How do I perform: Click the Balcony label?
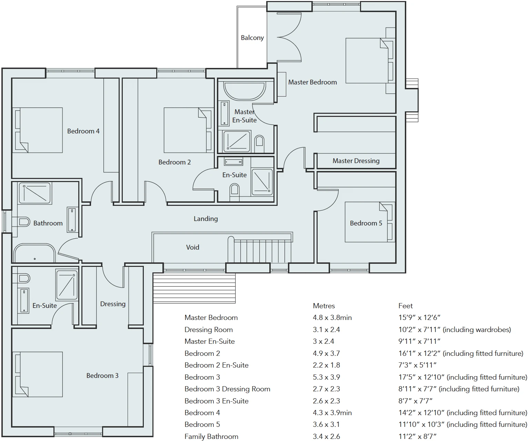pos(252,38)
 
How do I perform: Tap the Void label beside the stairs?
pos(192,247)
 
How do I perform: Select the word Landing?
pos(206,219)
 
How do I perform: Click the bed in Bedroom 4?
pos(38,130)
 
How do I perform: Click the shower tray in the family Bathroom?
pos(35,193)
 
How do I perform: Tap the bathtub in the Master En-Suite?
pos(245,90)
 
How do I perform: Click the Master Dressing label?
pos(356,161)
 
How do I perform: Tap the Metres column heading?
pos(324,306)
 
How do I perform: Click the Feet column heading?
pos(405,306)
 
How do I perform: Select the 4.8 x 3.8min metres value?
pos(332,318)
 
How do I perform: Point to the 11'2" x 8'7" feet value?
pos(417,437)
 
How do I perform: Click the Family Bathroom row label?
pos(211,437)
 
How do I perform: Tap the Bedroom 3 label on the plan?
pos(102,375)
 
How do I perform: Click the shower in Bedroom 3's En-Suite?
pos(67,285)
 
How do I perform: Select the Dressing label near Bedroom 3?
pos(113,304)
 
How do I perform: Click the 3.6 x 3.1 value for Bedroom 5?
pos(326,424)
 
